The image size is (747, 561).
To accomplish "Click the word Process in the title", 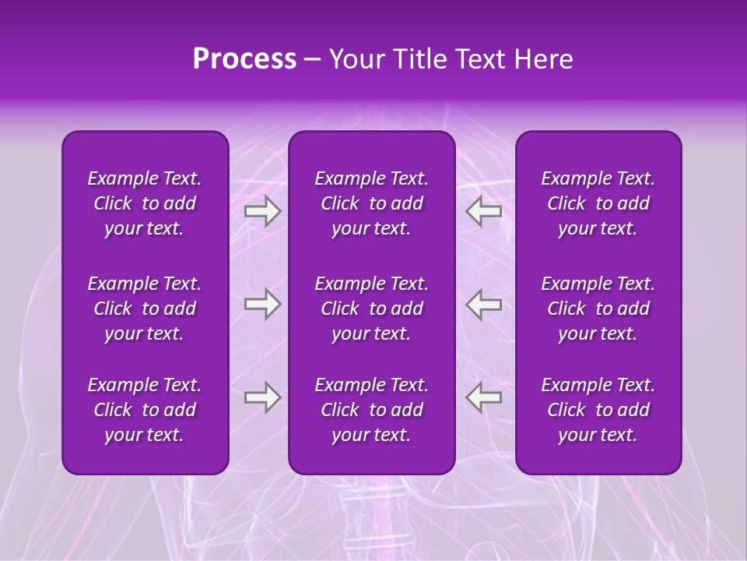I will click(244, 59).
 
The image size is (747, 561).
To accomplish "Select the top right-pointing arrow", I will click(262, 211).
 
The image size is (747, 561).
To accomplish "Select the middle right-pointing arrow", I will click(262, 304).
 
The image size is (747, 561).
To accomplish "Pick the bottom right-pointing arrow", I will click(262, 397).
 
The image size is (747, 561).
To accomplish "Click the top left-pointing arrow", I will click(484, 211).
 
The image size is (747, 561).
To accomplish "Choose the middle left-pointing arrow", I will click(484, 304).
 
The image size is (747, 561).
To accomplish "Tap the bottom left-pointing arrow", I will click(484, 397).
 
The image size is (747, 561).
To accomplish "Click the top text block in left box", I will click(145, 203).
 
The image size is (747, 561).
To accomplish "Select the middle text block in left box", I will click(145, 309).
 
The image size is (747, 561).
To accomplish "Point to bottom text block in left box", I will click(145, 410).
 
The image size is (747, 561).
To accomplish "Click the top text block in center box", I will click(372, 203).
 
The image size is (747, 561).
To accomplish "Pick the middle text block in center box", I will click(372, 309).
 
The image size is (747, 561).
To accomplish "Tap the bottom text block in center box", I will click(372, 410).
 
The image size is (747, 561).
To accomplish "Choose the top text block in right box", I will click(598, 203).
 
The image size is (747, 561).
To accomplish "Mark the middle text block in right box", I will click(598, 309).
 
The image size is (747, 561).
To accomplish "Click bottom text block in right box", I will click(598, 410).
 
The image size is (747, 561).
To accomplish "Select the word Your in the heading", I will click(355, 59).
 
